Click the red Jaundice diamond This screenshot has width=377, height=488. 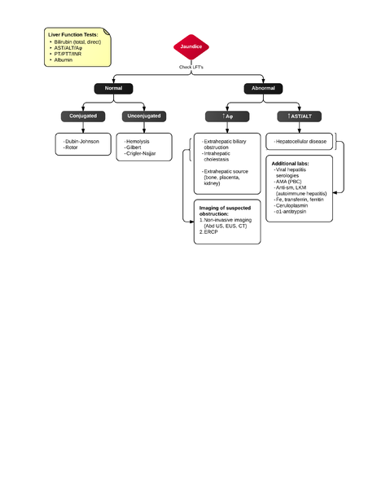pos(191,47)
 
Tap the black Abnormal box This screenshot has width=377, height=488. pos(263,88)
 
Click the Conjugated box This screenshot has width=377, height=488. pos(82,117)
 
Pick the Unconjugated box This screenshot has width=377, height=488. pos(144,117)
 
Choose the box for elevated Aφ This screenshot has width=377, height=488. pos(227,117)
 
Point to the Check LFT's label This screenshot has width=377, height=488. pos(191,67)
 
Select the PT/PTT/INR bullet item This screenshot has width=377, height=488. pos(69,54)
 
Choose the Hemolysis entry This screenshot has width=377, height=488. pos(138,142)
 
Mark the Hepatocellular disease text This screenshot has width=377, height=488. pos(302,142)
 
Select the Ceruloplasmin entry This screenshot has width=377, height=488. pos(295,205)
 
